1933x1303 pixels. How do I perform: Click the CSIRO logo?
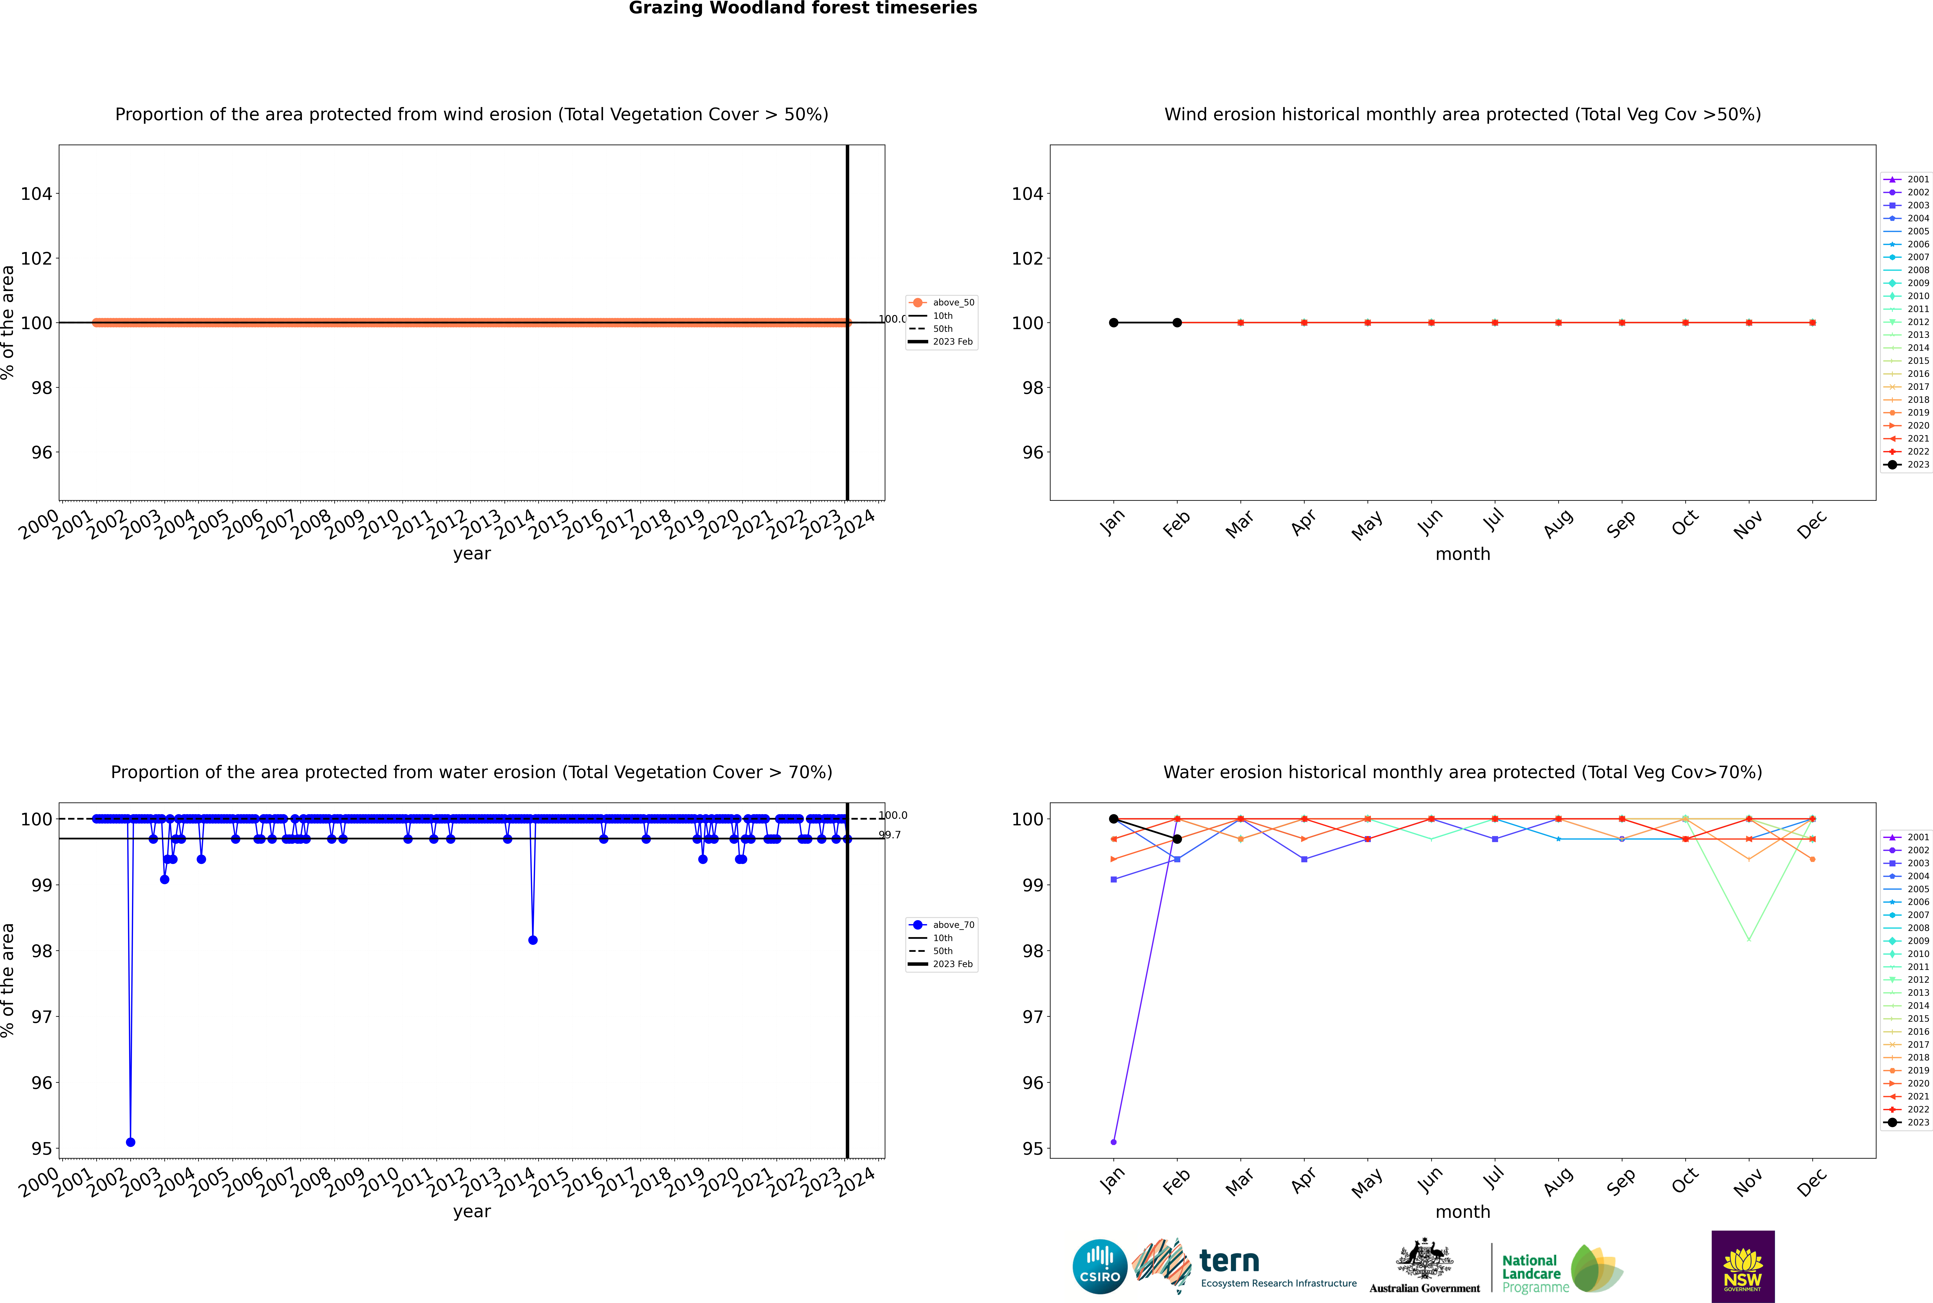click(1099, 1266)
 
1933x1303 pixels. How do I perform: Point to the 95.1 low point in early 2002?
click(131, 1142)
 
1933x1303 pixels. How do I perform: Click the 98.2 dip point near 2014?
click(533, 940)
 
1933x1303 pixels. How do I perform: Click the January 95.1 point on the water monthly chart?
click(1114, 1142)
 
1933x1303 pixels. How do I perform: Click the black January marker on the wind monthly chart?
click(1114, 322)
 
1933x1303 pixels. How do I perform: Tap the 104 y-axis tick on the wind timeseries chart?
click(37, 194)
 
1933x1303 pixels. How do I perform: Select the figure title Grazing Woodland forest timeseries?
click(803, 8)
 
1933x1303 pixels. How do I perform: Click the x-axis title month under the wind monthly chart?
click(1463, 554)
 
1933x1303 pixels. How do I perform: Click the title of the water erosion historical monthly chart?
click(1463, 772)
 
